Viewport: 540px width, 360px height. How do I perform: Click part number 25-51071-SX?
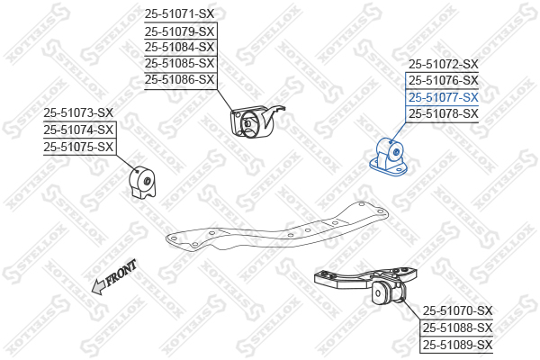[x=179, y=14]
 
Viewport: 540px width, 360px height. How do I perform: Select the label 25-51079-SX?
[x=179, y=31]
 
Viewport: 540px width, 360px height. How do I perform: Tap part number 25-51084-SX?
[x=179, y=47]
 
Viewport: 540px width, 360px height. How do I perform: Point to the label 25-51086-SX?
[x=179, y=79]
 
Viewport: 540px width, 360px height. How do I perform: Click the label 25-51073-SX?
[x=78, y=112]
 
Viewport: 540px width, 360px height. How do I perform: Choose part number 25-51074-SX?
[x=78, y=130]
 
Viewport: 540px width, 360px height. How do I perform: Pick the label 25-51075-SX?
[x=78, y=147]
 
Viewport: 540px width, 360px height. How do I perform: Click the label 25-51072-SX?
[x=444, y=64]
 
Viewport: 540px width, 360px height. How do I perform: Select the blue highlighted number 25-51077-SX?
[x=444, y=97]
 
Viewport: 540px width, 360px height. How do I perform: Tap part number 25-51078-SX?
[x=444, y=113]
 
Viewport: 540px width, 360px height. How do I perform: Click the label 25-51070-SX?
[x=458, y=311]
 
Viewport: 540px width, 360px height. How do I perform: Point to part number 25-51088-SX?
[x=458, y=328]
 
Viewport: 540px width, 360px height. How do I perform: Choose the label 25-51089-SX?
[x=458, y=345]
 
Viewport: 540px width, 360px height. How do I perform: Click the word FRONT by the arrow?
[x=121, y=273]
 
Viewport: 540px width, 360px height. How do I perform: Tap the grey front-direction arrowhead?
[x=99, y=287]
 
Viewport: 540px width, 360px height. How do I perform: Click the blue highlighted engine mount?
[x=389, y=158]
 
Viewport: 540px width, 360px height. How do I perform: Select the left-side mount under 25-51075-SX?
[x=142, y=183]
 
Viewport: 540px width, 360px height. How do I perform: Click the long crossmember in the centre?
[x=277, y=228]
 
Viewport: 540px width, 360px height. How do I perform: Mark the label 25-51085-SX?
[x=179, y=63]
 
